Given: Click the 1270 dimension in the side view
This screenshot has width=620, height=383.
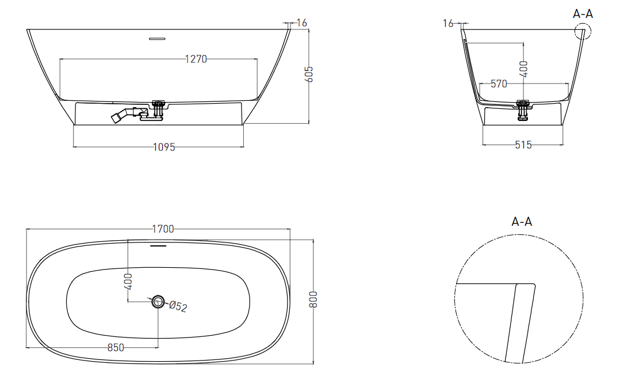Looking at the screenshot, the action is pos(196,59).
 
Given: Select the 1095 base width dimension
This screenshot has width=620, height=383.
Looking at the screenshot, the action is pos(164,147).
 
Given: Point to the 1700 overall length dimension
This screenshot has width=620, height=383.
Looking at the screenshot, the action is pos(163,229).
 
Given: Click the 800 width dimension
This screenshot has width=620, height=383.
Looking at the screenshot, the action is pos(313,299).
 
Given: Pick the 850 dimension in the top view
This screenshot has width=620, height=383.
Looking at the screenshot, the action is pos(116,347).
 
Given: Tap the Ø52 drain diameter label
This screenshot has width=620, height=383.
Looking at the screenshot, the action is pos(178,306).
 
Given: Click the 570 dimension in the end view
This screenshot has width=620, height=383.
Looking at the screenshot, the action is pos(499,84).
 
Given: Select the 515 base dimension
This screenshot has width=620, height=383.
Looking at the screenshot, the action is pos(523,145).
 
